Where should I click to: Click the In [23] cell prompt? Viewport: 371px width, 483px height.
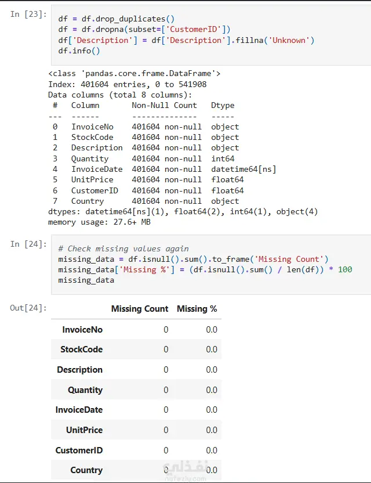click(28, 14)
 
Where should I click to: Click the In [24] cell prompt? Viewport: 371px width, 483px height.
click(28, 244)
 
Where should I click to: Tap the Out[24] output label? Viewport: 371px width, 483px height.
click(28, 308)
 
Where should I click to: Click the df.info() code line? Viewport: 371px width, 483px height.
click(79, 51)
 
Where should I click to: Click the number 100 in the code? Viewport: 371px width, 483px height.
click(345, 269)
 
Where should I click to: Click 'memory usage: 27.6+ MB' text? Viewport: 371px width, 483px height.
click(99, 222)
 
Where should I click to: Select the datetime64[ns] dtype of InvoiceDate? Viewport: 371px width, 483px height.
click(243, 169)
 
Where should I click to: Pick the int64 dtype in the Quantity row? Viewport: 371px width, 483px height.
click(223, 158)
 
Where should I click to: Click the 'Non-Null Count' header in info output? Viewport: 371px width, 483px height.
click(164, 105)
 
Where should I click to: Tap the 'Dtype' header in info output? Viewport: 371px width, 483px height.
click(223, 105)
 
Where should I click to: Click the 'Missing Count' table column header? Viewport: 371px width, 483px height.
click(140, 309)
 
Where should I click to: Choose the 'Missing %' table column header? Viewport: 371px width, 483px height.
click(197, 309)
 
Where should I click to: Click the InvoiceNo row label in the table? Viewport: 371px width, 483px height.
click(82, 329)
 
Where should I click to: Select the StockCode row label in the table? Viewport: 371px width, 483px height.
click(81, 349)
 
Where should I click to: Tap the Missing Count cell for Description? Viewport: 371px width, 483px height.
click(166, 370)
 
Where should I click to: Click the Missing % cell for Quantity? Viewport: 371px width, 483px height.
click(212, 390)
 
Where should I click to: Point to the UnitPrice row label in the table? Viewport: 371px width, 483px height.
click(84, 430)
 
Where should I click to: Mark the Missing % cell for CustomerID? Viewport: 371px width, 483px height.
click(212, 450)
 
